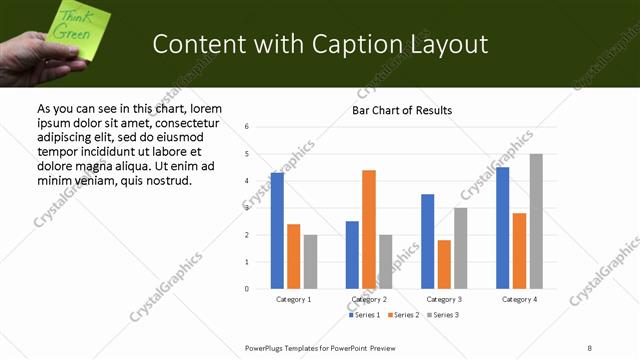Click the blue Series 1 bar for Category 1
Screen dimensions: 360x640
(x=277, y=231)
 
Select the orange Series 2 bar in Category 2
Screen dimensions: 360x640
(x=369, y=230)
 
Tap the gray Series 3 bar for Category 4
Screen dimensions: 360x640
(x=536, y=221)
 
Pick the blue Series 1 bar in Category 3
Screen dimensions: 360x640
(x=427, y=241)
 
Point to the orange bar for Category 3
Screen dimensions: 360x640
(x=444, y=264)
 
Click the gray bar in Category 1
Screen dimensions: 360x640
(x=310, y=262)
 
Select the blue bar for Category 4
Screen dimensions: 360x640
(x=503, y=228)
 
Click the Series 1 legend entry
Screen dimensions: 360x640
(x=364, y=315)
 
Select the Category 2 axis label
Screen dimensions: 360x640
(x=369, y=299)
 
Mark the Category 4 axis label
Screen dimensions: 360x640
(x=519, y=299)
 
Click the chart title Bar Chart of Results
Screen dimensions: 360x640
(x=402, y=110)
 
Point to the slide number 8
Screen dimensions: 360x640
(x=590, y=347)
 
